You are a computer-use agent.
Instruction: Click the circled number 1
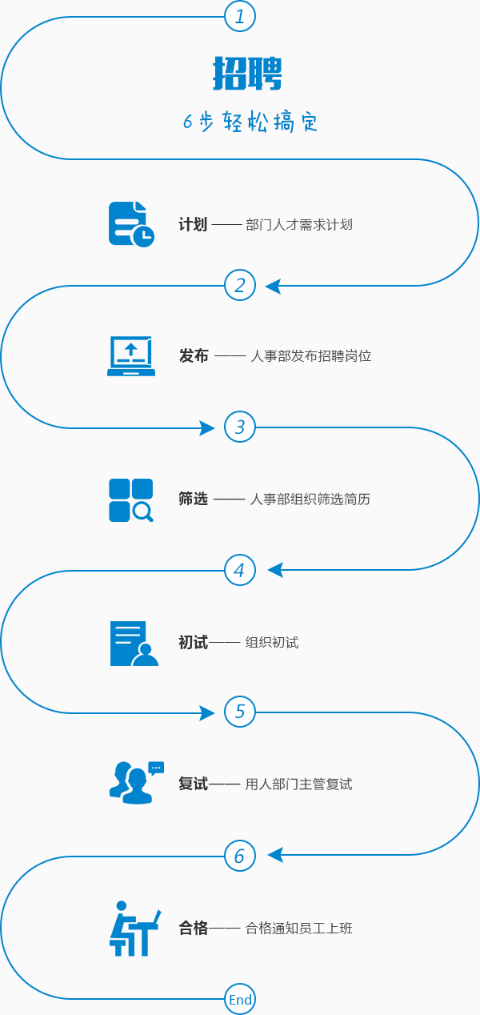click(240, 16)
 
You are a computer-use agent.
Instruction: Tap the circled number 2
click(240, 285)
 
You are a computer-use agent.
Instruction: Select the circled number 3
click(240, 427)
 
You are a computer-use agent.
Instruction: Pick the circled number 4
click(240, 570)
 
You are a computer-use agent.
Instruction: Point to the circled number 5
click(240, 712)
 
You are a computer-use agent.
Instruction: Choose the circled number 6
click(240, 856)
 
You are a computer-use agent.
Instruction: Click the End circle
click(240, 999)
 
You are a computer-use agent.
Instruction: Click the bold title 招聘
click(247, 74)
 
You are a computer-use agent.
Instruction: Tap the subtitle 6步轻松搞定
click(250, 122)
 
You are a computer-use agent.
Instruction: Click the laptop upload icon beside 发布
click(131, 356)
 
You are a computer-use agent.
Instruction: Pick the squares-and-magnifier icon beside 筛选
click(131, 500)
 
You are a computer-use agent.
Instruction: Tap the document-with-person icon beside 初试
click(133, 643)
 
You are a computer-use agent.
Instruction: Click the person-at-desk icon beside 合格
click(134, 928)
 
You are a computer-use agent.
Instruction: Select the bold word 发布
click(194, 356)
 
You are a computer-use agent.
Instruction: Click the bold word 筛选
click(193, 499)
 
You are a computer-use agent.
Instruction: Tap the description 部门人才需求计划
click(299, 225)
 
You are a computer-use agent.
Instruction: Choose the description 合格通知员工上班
click(299, 929)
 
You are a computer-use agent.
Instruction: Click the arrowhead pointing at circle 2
click(273, 286)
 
